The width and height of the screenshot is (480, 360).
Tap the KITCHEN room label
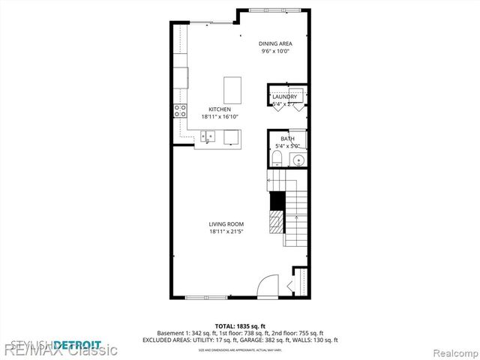point(220,109)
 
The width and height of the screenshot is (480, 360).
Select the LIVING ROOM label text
point(226,224)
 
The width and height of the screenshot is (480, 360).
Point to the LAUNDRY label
point(284,97)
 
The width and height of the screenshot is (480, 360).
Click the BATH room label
point(287,139)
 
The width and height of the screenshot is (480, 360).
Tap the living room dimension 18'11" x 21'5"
point(226,232)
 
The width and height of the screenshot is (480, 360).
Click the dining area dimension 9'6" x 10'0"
point(275,51)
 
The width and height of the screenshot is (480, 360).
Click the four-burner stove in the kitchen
point(181,112)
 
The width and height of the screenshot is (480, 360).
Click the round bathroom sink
point(298,159)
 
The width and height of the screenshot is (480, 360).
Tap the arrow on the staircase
point(289,286)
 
